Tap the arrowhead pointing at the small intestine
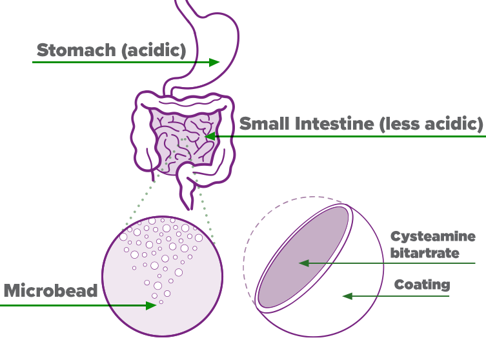208,137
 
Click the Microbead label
50,290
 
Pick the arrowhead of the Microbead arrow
152,305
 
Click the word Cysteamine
432,237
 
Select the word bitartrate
425,252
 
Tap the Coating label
422,285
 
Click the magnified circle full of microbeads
161,277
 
